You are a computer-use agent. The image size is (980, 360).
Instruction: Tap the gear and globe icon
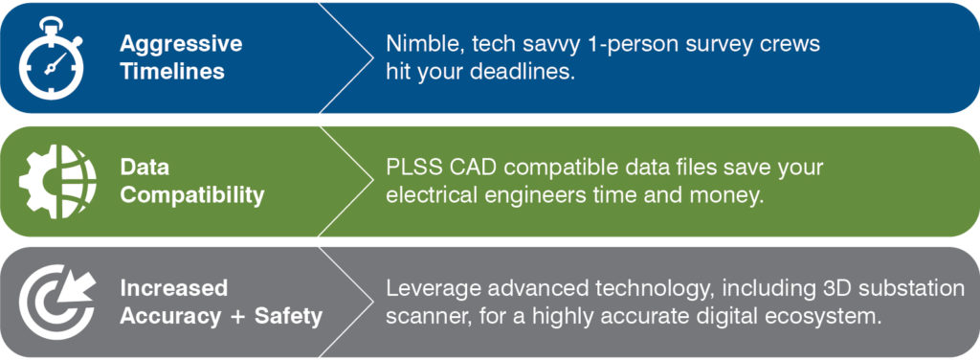pyautogui.click(x=57, y=181)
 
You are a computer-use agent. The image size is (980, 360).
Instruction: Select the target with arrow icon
pyautogui.click(x=57, y=302)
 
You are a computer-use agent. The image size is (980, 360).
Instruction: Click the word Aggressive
pyautogui.click(x=181, y=45)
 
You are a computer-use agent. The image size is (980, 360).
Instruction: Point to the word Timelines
pyautogui.click(x=172, y=71)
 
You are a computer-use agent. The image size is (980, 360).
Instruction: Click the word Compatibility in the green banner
pyautogui.click(x=191, y=195)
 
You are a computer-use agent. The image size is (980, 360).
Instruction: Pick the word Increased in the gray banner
pyautogui.click(x=174, y=288)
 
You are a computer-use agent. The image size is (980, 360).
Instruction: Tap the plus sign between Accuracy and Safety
pyautogui.click(x=237, y=317)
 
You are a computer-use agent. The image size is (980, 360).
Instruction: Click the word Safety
pyautogui.click(x=287, y=316)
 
